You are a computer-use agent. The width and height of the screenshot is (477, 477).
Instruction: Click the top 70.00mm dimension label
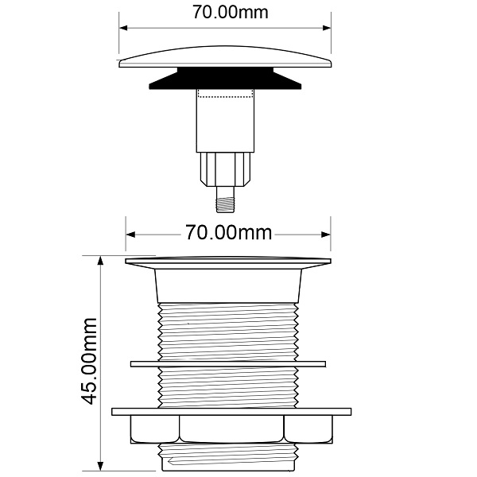[x=231, y=13]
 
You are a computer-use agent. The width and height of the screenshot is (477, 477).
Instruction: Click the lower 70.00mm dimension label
[x=228, y=233]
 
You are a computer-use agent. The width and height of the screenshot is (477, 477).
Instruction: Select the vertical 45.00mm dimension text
[x=90, y=361]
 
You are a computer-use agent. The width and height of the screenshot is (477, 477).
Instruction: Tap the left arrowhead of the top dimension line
[x=123, y=28]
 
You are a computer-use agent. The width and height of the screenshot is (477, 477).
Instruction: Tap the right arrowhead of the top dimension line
[x=327, y=28]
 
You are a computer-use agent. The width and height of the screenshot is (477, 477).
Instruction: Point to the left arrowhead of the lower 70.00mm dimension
[x=130, y=235]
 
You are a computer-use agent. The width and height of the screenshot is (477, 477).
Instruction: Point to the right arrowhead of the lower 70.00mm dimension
[x=326, y=235]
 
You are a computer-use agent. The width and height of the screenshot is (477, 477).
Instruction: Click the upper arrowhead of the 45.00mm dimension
[x=100, y=261]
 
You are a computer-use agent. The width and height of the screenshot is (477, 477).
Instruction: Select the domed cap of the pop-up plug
[x=225, y=57]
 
